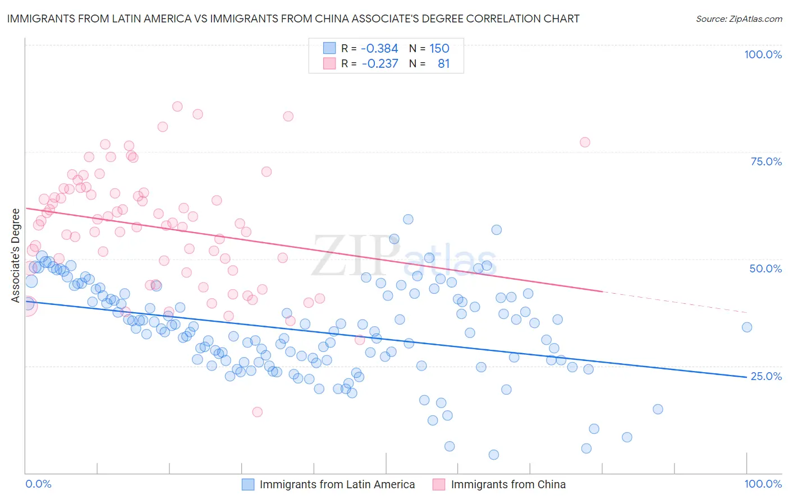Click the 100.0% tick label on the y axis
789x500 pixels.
[763, 54]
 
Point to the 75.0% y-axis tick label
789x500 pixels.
[766, 161]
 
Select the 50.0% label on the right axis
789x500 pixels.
[765, 268]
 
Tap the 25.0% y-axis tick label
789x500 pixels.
[766, 376]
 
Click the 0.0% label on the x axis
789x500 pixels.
[38, 484]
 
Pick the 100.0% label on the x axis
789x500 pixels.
[763, 484]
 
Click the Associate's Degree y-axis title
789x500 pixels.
[16, 256]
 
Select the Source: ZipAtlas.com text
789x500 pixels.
[738, 19]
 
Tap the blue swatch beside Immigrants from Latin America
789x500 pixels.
[248, 484]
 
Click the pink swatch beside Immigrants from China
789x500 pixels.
[439, 484]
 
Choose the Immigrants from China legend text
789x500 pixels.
[508, 484]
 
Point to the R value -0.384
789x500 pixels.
[379, 49]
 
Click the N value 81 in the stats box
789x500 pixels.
[444, 64]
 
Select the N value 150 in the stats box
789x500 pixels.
[439, 49]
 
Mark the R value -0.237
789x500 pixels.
[379, 64]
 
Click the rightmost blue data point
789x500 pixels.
[747, 327]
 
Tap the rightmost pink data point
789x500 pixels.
[585, 142]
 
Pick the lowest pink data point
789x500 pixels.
[258, 412]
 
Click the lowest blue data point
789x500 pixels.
[494, 455]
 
